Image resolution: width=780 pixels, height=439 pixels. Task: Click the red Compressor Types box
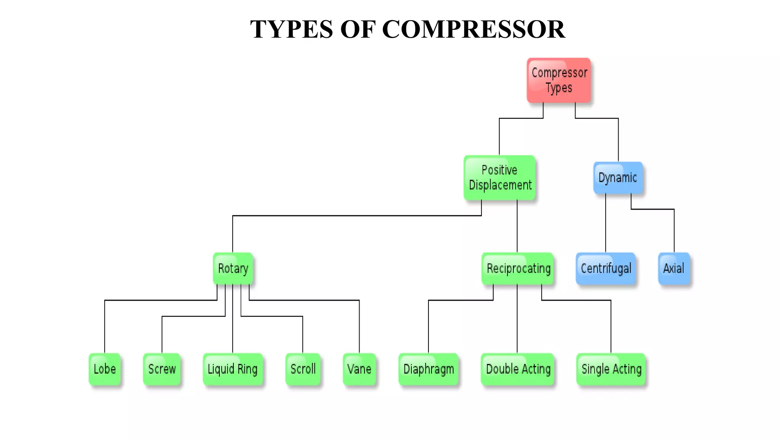(559, 80)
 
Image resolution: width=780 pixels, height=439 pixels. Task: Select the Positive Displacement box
(500, 178)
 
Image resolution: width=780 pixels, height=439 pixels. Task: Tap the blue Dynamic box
(618, 178)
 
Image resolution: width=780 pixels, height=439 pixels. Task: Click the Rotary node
(233, 268)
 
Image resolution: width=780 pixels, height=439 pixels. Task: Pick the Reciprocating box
(518, 268)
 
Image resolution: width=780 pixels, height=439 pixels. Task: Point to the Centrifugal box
(606, 268)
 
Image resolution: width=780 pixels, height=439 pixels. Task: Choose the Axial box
(674, 268)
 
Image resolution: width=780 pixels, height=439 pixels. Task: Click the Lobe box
(105, 369)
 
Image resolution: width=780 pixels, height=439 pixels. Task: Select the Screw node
(162, 369)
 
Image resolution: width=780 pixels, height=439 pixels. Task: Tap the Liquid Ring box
(233, 369)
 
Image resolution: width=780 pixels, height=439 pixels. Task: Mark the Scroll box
(303, 369)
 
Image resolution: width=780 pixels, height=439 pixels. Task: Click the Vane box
(359, 369)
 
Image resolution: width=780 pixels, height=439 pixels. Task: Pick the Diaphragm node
(428, 369)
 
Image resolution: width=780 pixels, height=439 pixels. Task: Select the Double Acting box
(518, 369)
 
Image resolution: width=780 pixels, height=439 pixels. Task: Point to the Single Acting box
(611, 369)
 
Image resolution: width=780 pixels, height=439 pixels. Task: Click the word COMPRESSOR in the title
(473, 29)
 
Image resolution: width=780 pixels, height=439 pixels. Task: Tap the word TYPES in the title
(291, 29)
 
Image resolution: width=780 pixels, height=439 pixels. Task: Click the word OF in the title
(358, 29)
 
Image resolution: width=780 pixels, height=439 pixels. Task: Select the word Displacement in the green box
(500, 185)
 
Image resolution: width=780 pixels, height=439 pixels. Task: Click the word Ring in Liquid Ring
(248, 369)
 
